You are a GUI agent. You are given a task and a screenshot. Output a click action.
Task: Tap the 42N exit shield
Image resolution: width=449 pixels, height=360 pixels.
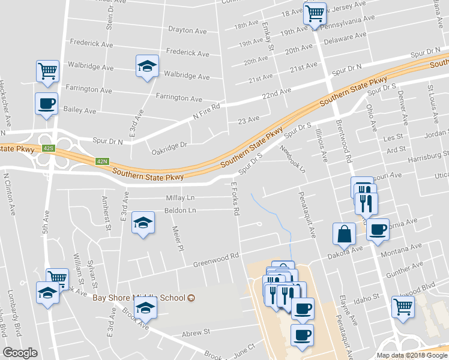coord(103,161)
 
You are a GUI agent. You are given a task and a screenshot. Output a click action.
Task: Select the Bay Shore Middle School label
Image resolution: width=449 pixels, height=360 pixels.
coord(139,298)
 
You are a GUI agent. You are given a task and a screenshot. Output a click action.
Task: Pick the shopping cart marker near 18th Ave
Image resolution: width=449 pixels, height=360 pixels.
coord(315,13)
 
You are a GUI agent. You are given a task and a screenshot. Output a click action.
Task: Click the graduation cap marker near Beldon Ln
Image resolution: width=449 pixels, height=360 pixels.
coord(143,223)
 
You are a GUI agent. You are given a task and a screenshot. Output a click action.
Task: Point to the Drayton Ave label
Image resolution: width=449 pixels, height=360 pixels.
coord(188,31)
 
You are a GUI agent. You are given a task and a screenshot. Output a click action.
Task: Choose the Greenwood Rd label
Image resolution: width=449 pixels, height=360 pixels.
coord(216,259)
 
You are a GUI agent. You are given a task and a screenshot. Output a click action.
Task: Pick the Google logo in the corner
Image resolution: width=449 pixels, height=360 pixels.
coord(20,353)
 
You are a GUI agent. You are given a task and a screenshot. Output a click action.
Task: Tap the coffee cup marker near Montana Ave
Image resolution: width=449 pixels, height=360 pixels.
coord(377,229)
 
